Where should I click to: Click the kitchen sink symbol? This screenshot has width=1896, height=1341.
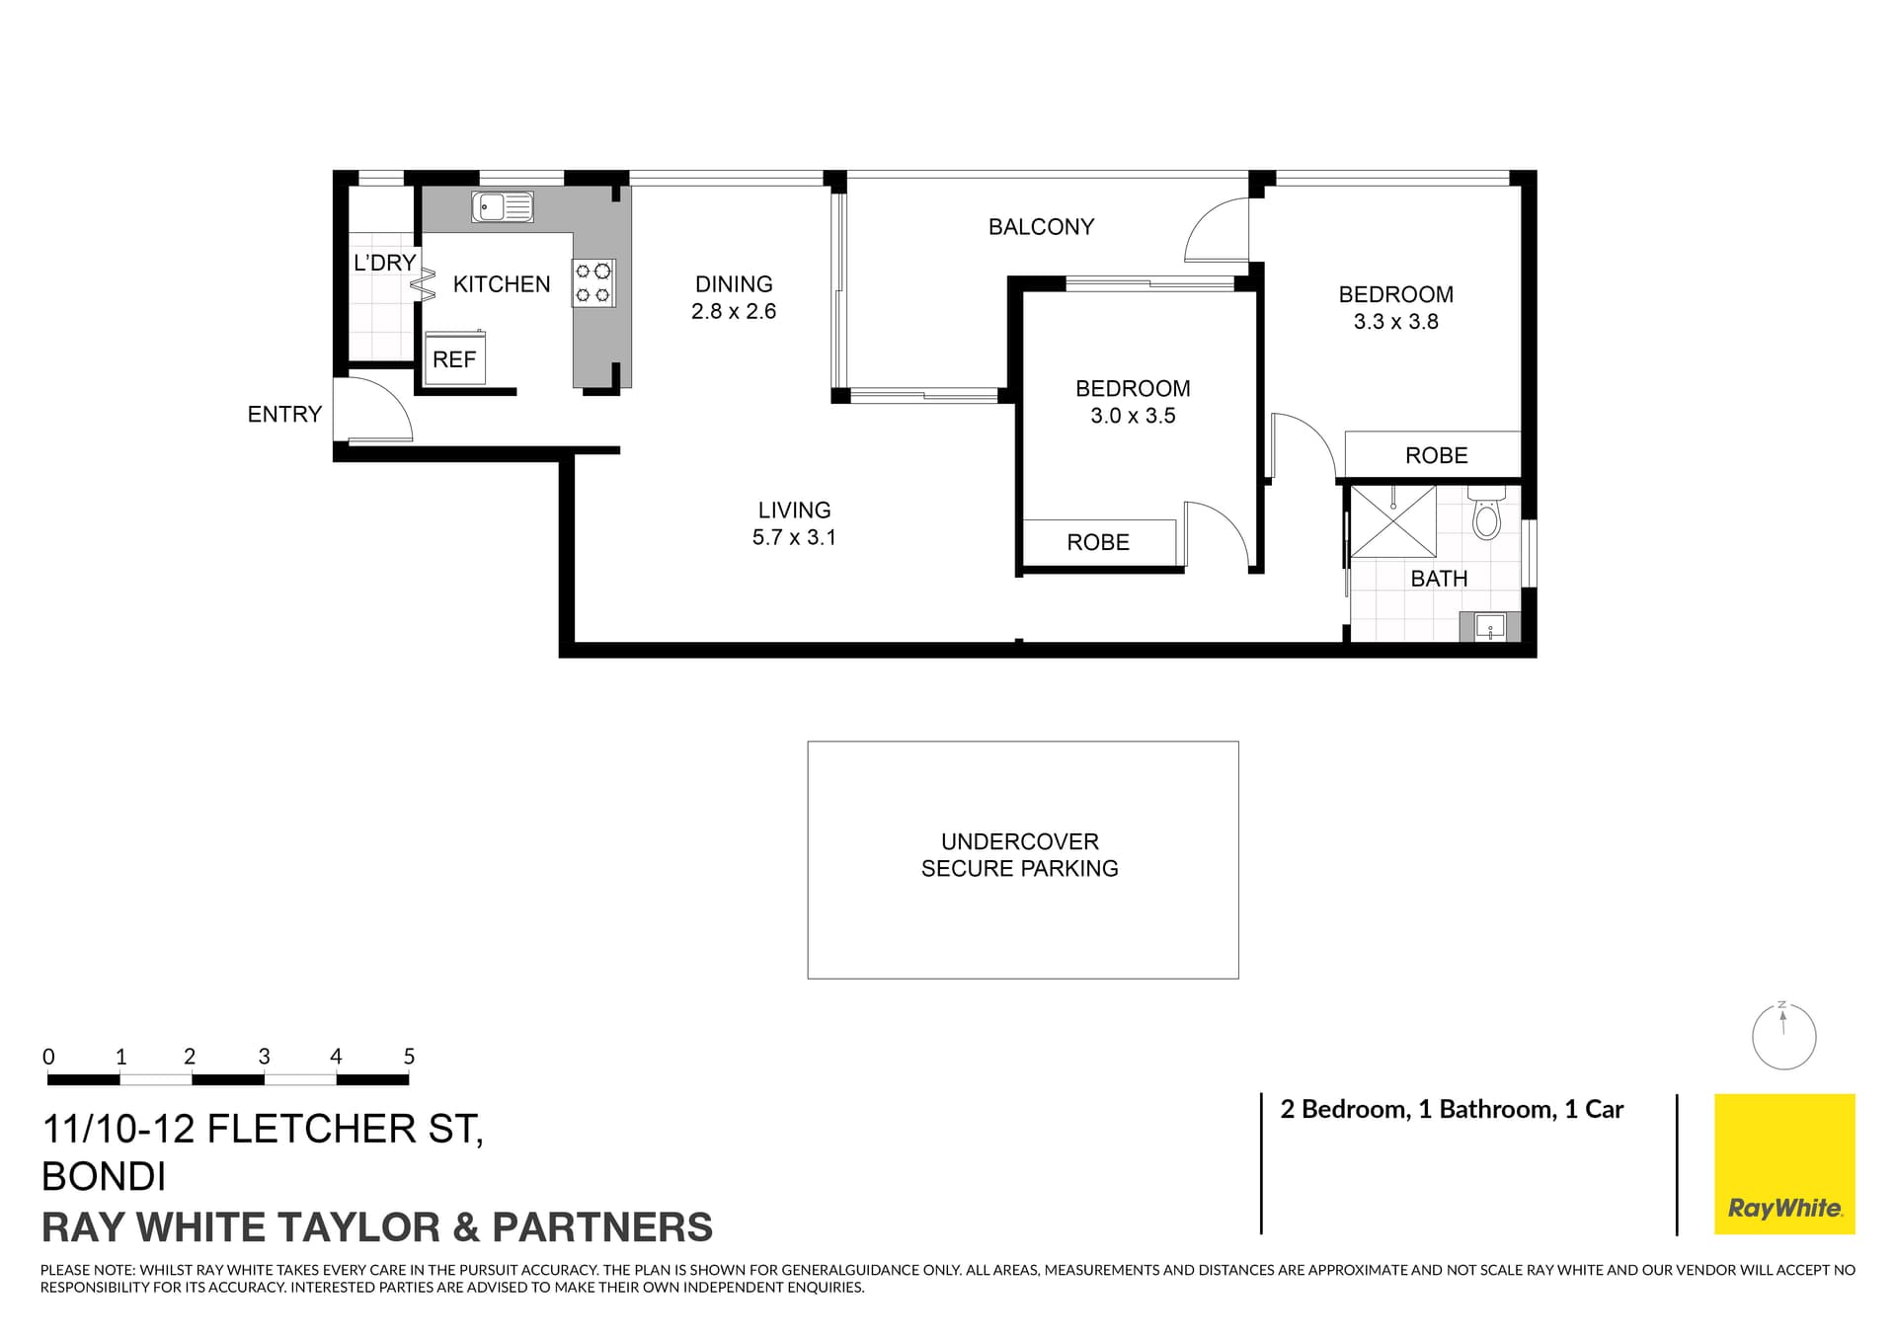(x=502, y=207)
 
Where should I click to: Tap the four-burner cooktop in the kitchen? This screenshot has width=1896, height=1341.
(x=593, y=282)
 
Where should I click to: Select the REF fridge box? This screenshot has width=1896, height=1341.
(x=454, y=359)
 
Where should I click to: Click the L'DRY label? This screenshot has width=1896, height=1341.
(x=384, y=263)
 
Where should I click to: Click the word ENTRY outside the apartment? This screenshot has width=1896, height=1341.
(x=284, y=415)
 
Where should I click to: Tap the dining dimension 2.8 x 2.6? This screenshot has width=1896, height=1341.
(x=734, y=312)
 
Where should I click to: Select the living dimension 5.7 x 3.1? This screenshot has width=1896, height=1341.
(x=794, y=538)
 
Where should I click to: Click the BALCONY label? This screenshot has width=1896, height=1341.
(x=1041, y=227)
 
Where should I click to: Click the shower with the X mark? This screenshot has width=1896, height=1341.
(x=1392, y=520)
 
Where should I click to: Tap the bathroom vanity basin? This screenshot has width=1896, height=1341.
(x=1489, y=626)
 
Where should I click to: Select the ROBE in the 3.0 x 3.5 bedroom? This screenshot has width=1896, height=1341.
(x=1098, y=542)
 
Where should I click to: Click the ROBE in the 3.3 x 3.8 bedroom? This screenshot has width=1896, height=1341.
(x=1436, y=455)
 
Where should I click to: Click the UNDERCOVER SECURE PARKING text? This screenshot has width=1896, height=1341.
(x=1020, y=855)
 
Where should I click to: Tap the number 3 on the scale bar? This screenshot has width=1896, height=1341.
(x=264, y=1057)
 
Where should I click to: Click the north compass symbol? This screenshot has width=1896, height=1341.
(x=1783, y=1037)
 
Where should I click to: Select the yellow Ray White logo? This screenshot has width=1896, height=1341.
(x=1783, y=1164)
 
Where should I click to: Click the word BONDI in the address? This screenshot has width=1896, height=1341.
(x=104, y=1177)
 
